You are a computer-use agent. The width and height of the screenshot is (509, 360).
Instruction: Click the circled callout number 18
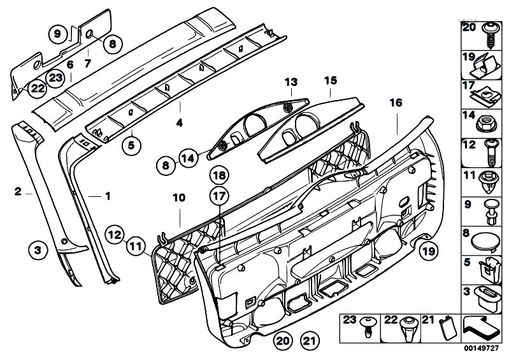pyautogui.click(x=219, y=176)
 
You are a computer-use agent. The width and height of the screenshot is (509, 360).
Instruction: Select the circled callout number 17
pyautogui.click(x=219, y=196)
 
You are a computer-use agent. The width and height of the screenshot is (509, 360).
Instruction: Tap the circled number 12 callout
pyautogui.click(x=115, y=234)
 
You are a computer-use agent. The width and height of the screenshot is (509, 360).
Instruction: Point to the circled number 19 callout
pyautogui.click(x=428, y=251)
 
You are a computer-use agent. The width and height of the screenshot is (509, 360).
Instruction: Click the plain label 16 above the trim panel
pyautogui.click(x=396, y=103)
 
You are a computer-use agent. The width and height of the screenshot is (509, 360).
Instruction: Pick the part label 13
pyautogui.click(x=291, y=82)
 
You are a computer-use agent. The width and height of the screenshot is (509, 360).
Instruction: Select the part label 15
pyautogui.click(x=331, y=80)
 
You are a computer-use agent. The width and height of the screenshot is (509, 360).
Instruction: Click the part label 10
pyautogui.click(x=179, y=198)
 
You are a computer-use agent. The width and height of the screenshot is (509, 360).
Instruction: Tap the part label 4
pyautogui.click(x=179, y=123)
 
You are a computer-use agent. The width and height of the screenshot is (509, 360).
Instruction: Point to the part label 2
pyautogui.click(x=18, y=191)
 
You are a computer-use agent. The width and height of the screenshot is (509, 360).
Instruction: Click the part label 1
pyautogui.click(x=108, y=196)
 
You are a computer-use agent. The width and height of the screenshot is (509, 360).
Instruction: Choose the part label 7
pyautogui.click(x=88, y=63)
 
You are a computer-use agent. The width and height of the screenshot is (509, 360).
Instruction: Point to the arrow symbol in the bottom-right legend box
pyautogui.click(x=480, y=329)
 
